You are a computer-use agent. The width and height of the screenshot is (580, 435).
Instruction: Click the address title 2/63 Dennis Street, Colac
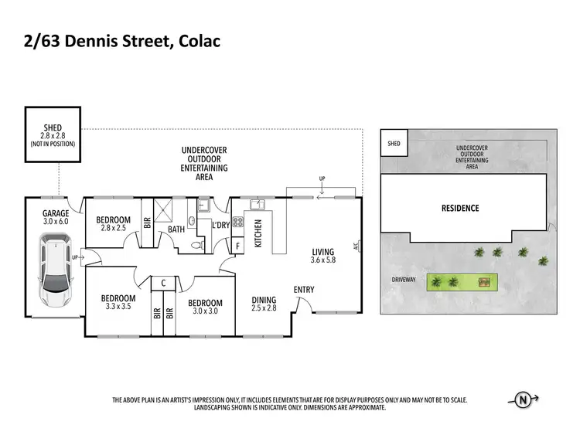tap(121, 41)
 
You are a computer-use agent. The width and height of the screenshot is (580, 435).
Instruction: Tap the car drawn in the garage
tap(55, 273)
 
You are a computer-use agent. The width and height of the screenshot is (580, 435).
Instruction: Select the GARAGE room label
tap(56, 213)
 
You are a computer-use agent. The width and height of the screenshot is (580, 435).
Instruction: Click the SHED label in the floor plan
tap(53, 127)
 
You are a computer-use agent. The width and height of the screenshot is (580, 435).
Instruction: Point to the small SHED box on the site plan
tap(394, 143)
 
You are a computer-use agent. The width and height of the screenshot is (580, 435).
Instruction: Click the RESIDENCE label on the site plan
tap(460, 208)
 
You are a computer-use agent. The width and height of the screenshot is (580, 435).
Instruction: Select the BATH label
tap(176, 229)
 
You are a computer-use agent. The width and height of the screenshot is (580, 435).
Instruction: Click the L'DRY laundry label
tap(221, 225)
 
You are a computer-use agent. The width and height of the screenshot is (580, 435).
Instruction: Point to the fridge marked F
tap(237, 245)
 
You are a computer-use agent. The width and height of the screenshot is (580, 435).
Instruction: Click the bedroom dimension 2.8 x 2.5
tap(114, 229)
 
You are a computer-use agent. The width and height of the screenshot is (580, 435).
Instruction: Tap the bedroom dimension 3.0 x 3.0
tap(205, 312)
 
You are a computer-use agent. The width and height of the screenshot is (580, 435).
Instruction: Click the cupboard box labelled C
tap(164, 283)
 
